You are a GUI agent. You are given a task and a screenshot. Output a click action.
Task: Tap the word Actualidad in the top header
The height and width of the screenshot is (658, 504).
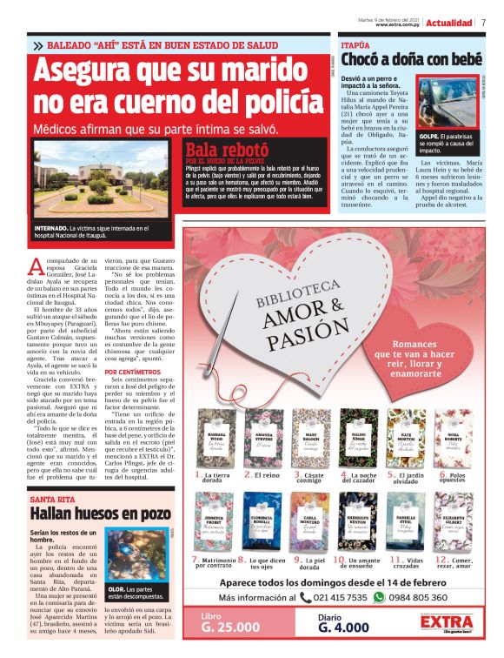449,23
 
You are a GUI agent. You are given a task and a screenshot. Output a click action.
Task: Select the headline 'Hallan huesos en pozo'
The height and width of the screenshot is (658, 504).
100,514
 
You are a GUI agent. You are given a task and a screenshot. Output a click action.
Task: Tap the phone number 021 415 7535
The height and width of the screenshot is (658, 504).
334,598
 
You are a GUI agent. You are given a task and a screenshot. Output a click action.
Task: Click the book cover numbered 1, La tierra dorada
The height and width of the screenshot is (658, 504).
216,439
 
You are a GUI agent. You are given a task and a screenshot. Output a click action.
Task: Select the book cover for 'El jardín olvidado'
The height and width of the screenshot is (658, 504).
405,439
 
